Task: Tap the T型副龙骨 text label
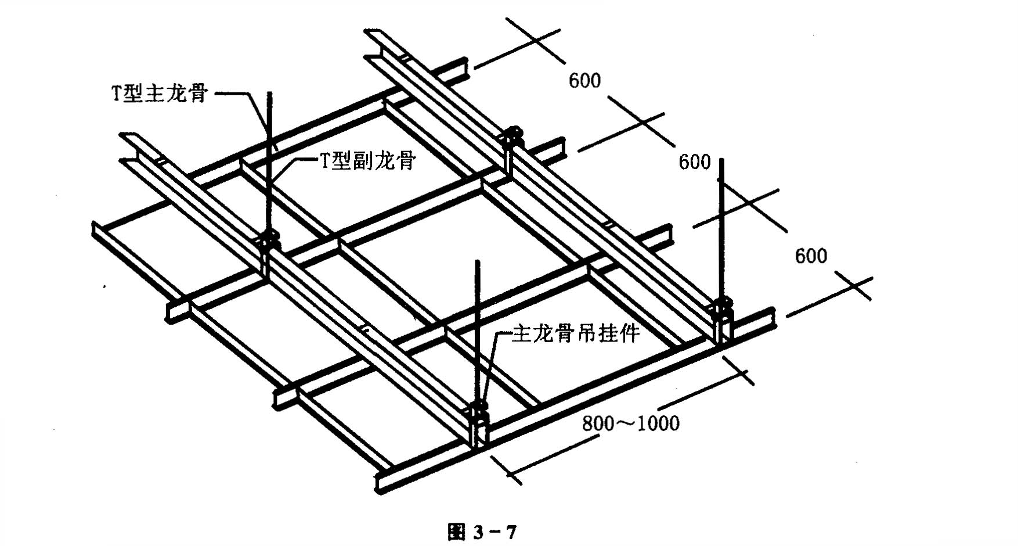(367, 159)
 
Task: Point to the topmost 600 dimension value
(584, 80)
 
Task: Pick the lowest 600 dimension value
(811, 256)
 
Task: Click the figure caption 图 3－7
(482, 531)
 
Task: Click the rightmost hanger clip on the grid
(722, 318)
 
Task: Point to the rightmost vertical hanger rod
(721, 229)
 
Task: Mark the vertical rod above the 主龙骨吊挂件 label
(478, 332)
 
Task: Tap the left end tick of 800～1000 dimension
(506, 469)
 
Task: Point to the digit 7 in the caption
(510, 532)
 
